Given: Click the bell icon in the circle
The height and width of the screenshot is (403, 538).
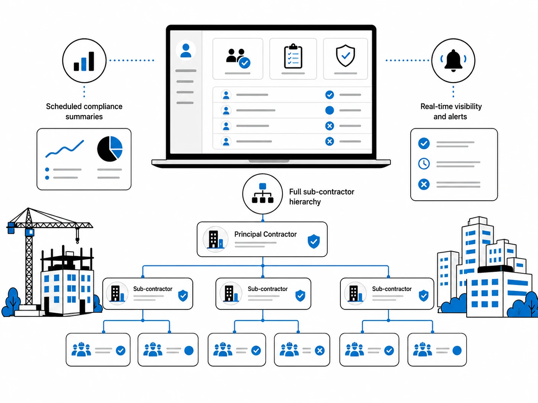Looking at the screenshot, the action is click(x=453, y=60).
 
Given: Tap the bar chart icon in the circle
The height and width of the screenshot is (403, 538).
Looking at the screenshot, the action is click(x=84, y=61).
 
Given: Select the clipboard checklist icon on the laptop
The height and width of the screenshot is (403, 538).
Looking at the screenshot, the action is click(x=293, y=56).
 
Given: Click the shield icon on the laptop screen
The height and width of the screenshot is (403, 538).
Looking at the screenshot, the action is click(x=345, y=56).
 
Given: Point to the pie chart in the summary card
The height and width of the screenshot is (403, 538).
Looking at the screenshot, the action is click(x=110, y=149).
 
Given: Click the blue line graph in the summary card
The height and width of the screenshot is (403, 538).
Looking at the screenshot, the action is click(x=65, y=148).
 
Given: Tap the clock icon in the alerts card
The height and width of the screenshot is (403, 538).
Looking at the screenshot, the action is click(x=424, y=164).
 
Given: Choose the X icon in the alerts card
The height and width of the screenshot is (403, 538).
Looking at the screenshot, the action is click(x=424, y=184).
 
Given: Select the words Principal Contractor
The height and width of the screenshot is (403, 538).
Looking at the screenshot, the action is click(x=265, y=234).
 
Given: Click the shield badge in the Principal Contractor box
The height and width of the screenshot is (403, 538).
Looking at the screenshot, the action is click(x=314, y=241).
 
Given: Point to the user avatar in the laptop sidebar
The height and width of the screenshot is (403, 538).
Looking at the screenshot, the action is click(x=186, y=50).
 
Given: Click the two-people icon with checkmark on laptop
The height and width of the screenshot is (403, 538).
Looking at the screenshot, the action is click(x=238, y=58).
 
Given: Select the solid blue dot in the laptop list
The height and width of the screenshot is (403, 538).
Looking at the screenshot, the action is click(x=330, y=110).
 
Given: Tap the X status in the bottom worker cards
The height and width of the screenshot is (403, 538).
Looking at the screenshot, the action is click(x=320, y=350).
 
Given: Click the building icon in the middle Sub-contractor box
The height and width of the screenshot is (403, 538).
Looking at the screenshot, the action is click(x=231, y=293).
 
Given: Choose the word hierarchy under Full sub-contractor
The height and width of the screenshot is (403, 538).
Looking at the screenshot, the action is click(x=305, y=202).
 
